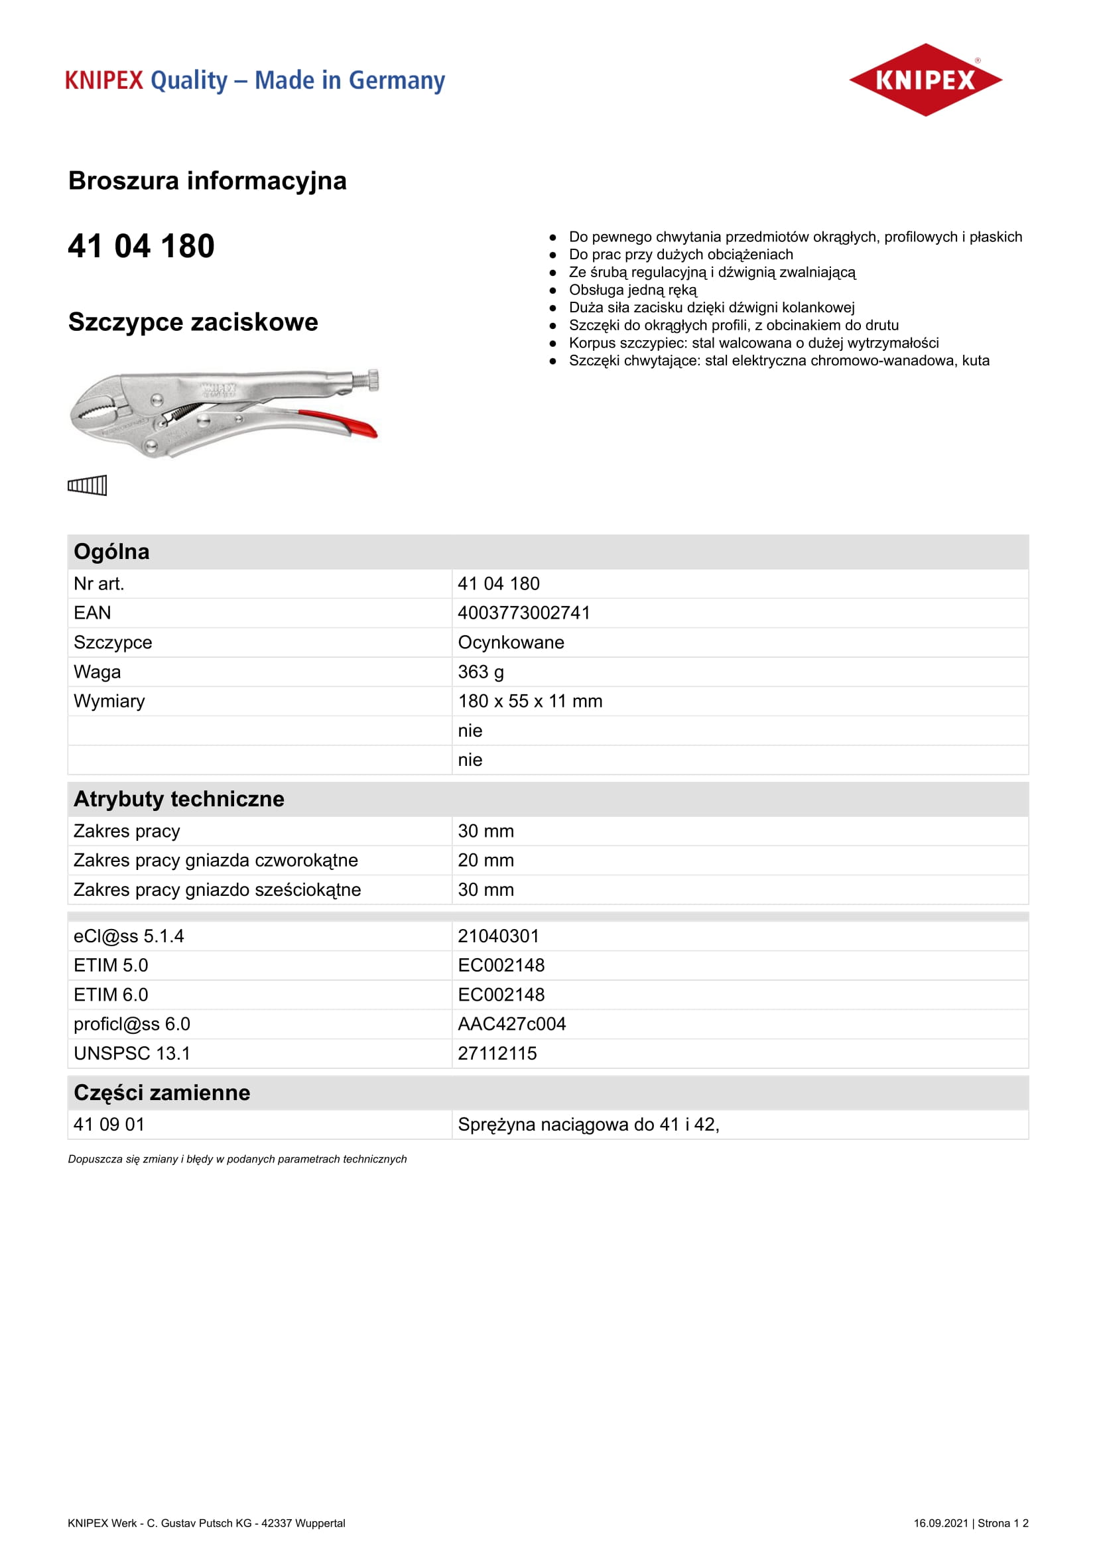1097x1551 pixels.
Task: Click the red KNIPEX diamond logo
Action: coord(925,80)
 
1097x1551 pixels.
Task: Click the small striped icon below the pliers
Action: coord(87,485)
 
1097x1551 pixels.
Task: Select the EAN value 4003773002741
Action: coord(523,613)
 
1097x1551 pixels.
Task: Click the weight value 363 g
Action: coord(480,672)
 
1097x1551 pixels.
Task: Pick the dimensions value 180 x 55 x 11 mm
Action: coord(529,701)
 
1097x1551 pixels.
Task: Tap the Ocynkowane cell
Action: coord(511,643)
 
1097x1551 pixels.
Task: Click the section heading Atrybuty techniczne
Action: coord(179,799)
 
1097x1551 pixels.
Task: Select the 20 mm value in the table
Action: coord(485,860)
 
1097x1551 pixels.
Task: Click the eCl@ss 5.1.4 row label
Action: coord(129,936)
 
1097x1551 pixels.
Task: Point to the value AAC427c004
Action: coord(511,1024)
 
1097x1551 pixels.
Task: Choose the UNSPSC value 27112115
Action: coord(497,1053)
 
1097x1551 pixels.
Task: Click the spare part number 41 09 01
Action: coord(109,1124)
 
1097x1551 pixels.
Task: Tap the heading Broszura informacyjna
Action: coord(208,181)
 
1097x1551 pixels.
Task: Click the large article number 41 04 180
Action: coord(141,246)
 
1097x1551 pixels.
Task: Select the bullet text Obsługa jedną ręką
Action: coord(632,290)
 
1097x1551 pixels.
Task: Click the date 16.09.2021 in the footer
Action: coord(940,1522)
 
